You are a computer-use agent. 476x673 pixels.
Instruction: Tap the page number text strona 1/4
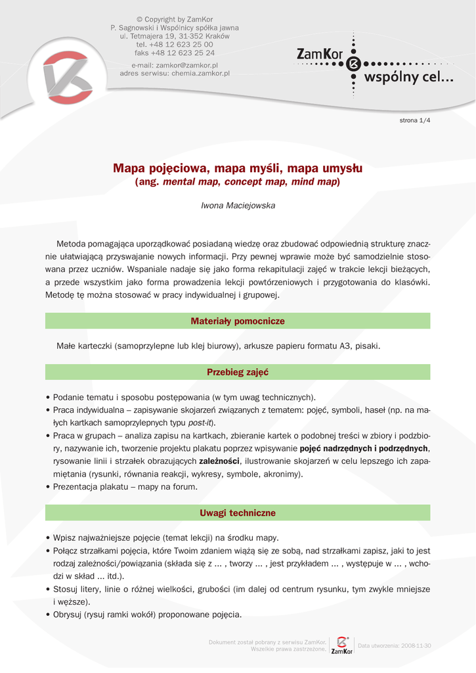pyautogui.click(x=415, y=120)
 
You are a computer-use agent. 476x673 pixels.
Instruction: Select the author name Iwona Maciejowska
pyautogui.click(x=238, y=206)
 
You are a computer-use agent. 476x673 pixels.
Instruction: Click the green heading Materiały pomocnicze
pyautogui.click(x=238, y=321)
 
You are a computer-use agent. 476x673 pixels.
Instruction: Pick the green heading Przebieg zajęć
pyautogui.click(x=238, y=372)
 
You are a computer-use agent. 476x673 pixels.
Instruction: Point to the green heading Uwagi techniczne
pyautogui.click(x=238, y=513)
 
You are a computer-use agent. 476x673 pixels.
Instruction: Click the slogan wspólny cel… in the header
pyautogui.click(x=408, y=78)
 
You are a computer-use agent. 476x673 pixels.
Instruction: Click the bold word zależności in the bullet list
pyautogui.click(x=220, y=460)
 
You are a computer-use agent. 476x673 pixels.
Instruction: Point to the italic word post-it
pyautogui.click(x=201, y=423)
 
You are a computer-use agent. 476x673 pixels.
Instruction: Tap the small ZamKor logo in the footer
pyautogui.click(x=341, y=645)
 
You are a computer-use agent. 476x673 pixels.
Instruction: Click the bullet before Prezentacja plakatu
pyautogui.click(x=48, y=487)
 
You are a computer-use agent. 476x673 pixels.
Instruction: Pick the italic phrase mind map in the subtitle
pyautogui.click(x=314, y=181)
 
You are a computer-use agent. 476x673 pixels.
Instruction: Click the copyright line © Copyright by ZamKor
pyautogui.click(x=174, y=20)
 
